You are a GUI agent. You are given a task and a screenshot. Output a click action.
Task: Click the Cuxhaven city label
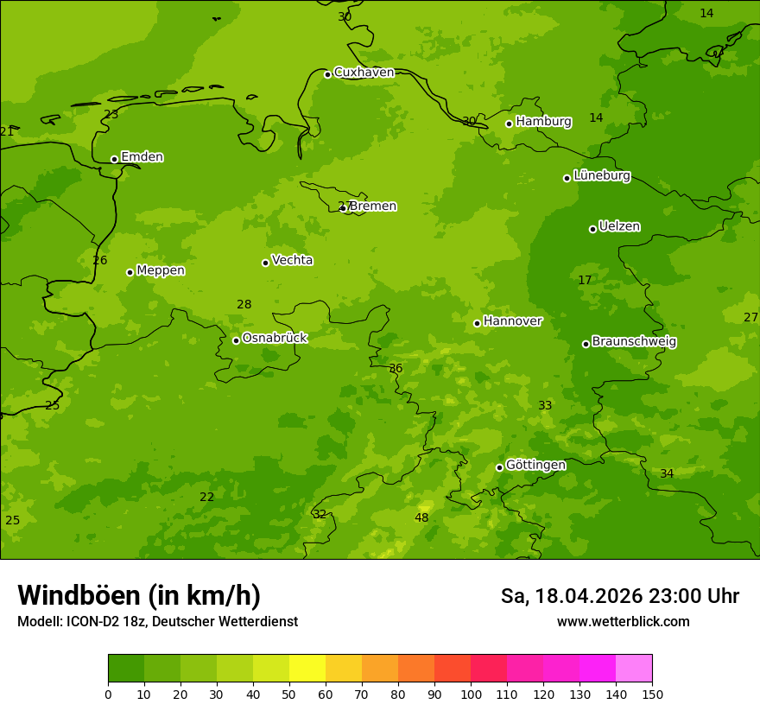[x=364, y=73]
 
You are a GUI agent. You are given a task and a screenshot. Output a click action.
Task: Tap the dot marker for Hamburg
[x=510, y=124]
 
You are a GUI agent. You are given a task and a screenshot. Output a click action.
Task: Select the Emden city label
[x=142, y=157]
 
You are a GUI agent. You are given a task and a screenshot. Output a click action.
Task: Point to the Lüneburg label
[x=601, y=175]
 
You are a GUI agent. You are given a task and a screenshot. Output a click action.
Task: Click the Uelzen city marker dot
[x=592, y=229]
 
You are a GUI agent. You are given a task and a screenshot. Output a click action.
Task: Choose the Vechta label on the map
[x=292, y=260]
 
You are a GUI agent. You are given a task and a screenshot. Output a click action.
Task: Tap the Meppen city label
[x=161, y=270]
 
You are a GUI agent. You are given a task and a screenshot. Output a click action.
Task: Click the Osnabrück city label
[x=275, y=338]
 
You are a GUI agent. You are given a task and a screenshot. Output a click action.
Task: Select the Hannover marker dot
[x=477, y=323]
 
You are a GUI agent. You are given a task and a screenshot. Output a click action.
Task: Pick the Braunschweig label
[x=634, y=341]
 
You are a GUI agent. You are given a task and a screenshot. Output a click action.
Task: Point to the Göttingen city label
[x=535, y=465]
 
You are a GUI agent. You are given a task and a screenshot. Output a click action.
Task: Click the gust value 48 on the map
[x=421, y=518]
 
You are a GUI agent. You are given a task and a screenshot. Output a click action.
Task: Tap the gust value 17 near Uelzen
[x=585, y=281]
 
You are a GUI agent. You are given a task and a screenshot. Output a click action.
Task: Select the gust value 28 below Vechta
[x=244, y=305]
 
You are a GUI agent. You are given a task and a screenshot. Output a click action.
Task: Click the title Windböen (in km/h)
[x=139, y=595]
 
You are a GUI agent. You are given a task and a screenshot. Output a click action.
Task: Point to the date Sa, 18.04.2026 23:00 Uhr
[x=619, y=596]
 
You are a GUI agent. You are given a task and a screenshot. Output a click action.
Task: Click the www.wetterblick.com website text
[x=623, y=622]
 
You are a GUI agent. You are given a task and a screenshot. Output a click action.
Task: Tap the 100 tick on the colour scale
[x=471, y=695]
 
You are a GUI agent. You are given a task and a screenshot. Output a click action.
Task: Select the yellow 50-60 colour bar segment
[x=307, y=669]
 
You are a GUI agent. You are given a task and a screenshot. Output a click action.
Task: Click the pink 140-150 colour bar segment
[x=634, y=669]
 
